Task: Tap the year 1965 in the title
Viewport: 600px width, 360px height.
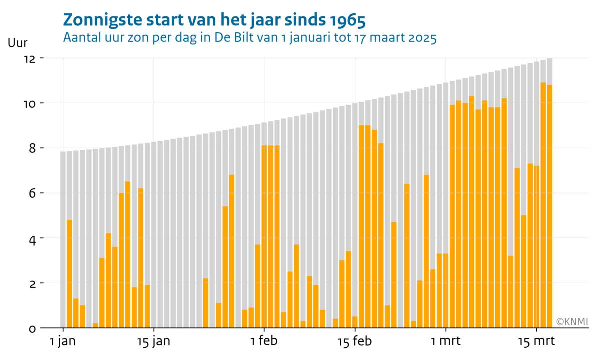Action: (x=348, y=20)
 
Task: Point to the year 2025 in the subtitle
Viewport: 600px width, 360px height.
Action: (x=420, y=38)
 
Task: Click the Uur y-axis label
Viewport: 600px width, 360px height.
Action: (x=18, y=43)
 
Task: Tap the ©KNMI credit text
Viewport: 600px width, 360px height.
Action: (x=572, y=322)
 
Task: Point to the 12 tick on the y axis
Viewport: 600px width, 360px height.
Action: (x=30, y=58)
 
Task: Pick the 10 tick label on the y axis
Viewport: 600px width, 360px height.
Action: (x=30, y=103)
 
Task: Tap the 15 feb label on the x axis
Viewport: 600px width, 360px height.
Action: (x=355, y=342)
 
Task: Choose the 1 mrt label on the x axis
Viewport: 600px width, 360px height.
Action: (x=446, y=342)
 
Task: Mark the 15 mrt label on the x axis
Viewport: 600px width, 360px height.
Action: (x=536, y=342)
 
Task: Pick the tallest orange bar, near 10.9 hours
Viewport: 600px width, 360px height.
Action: (x=543, y=205)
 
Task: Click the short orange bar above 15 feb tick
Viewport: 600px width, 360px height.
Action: (x=355, y=322)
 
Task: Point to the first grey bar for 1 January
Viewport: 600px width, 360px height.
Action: (x=63, y=240)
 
